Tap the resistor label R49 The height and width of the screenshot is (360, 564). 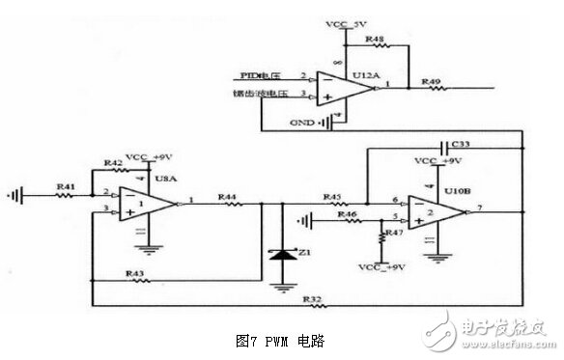point(432,82)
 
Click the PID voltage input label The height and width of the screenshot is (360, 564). point(260,74)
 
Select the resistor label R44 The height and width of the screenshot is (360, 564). point(228,197)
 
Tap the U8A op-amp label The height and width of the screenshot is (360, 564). point(166,178)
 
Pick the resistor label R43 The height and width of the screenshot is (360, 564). point(136,273)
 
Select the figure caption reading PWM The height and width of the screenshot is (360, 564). point(281,341)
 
